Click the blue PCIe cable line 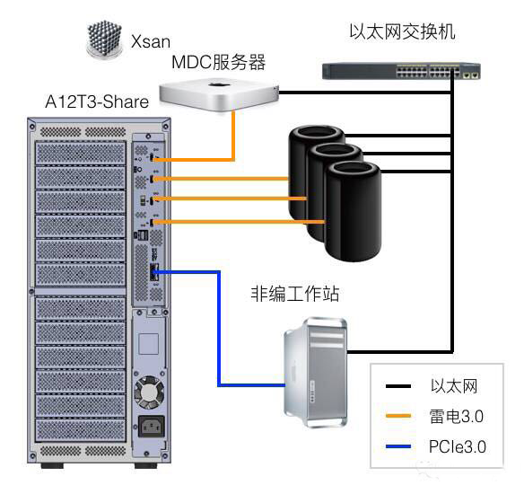(x=218, y=332)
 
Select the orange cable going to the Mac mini (x=234, y=135)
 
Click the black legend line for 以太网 (x=401, y=387)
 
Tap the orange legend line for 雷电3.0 (x=401, y=417)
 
